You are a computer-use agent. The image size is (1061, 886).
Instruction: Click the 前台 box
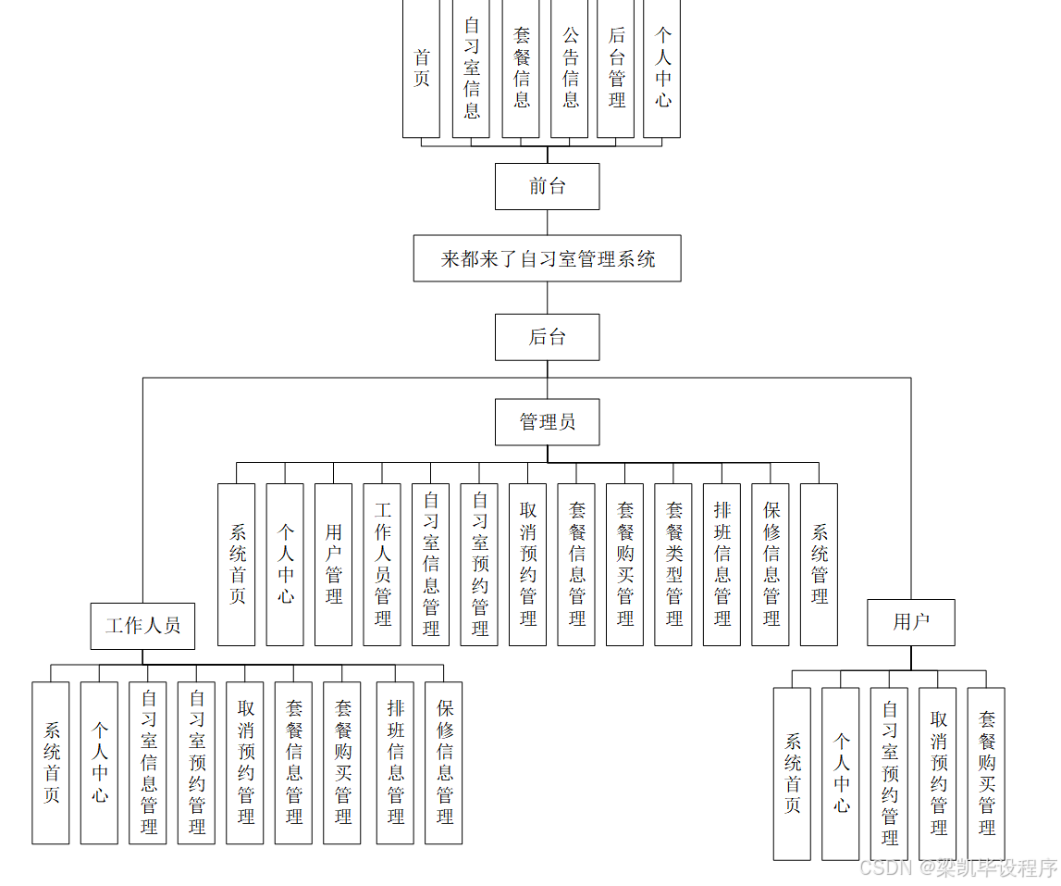tap(547, 186)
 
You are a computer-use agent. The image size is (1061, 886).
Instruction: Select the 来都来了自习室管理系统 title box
tap(547, 258)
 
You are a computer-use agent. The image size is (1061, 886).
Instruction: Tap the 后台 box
tap(547, 337)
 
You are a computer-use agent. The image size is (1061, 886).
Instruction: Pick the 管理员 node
tap(547, 422)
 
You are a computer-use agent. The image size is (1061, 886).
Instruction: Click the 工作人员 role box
tap(142, 626)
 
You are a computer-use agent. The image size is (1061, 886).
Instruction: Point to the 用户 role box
tap(910, 622)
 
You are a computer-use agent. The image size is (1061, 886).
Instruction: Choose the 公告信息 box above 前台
tap(570, 69)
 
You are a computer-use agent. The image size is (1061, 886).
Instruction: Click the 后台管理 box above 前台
tap(616, 69)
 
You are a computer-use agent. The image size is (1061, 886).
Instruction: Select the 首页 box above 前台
tap(421, 69)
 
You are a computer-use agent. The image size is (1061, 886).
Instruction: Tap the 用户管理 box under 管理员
tap(333, 564)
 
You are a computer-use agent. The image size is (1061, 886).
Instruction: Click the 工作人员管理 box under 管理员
tap(382, 564)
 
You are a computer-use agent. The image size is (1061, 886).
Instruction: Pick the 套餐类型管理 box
tap(673, 564)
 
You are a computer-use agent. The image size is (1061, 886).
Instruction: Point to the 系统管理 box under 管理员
tap(819, 564)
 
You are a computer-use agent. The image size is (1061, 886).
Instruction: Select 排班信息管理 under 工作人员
tap(395, 763)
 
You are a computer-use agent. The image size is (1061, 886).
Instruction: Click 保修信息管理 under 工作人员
tap(444, 763)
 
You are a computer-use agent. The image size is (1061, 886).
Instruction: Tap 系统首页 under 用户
tap(792, 773)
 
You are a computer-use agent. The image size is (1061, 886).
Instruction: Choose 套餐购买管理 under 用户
tap(986, 773)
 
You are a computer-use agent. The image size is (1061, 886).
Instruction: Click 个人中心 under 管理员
tap(285, 564)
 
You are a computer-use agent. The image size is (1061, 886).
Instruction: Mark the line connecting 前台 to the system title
tap(547, 222)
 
